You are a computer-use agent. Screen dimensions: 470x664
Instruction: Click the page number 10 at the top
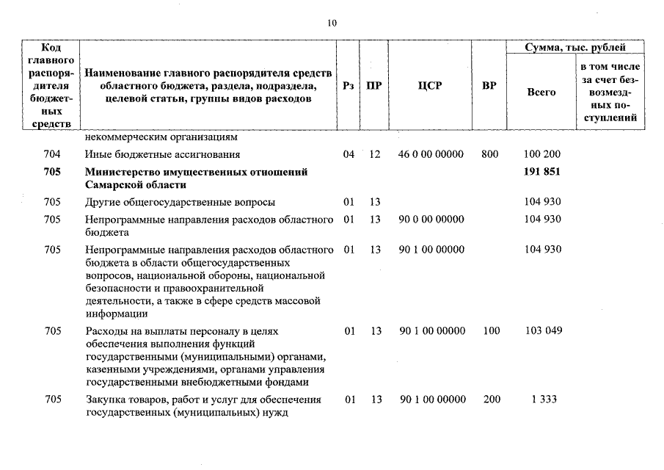[x=332, y=23]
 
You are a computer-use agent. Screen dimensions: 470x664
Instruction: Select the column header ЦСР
[x=429, y=86]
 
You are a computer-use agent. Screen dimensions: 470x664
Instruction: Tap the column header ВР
[x=489, y=86]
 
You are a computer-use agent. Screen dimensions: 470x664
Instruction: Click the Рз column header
[x=349, y=86]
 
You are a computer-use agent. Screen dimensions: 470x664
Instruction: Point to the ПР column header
[x=374, y=86]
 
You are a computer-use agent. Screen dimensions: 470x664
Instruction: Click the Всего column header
[x=541, y=93]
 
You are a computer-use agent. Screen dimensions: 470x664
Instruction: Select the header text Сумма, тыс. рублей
[x=574, y=48]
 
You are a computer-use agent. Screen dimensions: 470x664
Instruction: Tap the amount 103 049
[x=544, y=331]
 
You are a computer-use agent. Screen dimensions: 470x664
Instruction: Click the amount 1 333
[x=544, y=399]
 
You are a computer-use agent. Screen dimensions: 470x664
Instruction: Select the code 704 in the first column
[x=52, y=155]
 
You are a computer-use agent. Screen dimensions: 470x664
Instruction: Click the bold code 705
[x=52, y=172]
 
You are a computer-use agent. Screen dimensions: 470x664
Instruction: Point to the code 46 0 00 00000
[x=431, y=155]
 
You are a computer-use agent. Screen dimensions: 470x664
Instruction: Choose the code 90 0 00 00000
[x=431, y=219]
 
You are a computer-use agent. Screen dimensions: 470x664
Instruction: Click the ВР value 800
[x=489, y=155]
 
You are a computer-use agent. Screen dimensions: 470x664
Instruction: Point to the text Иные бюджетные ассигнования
[x=162, y=155]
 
